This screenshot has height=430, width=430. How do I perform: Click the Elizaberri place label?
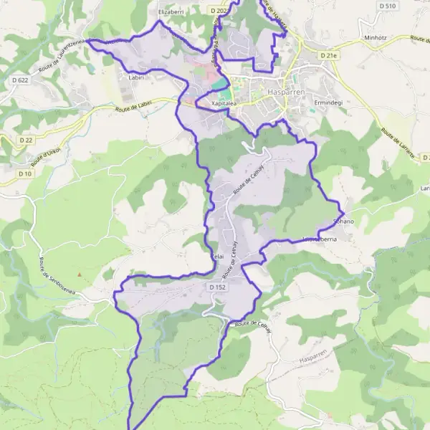tap(171, 12)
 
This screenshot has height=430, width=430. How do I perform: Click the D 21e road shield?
tap(328, 54)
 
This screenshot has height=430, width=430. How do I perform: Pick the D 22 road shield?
tap(27, 140)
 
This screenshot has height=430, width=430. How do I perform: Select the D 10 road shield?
tap(25, 173)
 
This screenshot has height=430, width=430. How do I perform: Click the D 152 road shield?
tap(220, 287)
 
